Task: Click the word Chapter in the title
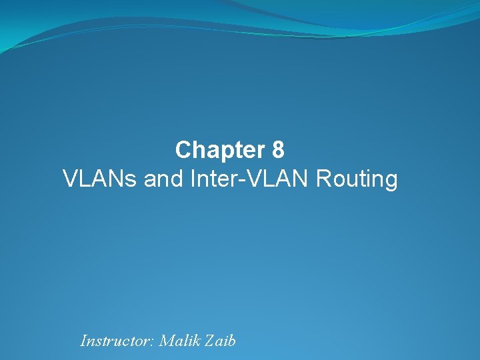click(x=221, y=150)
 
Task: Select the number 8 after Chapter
click(x=279, y=150)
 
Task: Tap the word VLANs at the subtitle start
click(x=100, y=179)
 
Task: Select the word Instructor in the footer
click(x=115, y=341)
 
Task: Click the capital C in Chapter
click(x=183, y=150)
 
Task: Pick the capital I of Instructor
click(x=83, y=341)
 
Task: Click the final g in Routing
click(x=391, y=182)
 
